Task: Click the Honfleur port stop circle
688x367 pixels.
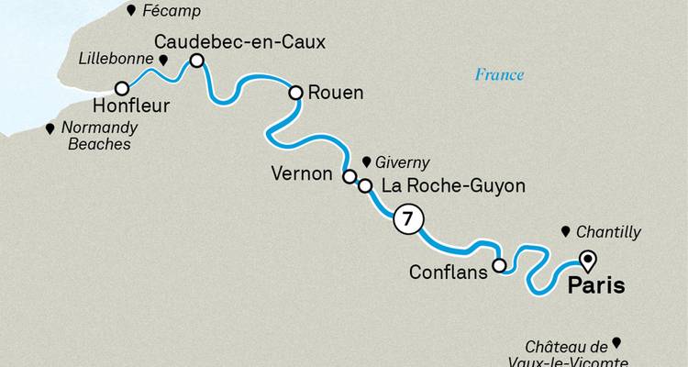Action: (x=121, y=88)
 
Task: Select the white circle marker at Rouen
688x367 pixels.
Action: (x=296, y=93)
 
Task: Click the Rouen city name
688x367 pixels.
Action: (x=337, y=93)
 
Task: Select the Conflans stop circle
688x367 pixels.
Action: (x=499, y=266)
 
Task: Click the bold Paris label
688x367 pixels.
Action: (x=597, y=285)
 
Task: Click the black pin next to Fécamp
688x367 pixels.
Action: (x=133, y=11)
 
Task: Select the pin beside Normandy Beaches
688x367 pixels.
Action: (x=50, y=129)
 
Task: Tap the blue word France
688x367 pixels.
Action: (x=499, y=75)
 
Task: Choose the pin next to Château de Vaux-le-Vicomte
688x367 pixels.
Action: (x=616, y=343)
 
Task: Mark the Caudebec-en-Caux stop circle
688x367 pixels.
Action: (x=196, y=61)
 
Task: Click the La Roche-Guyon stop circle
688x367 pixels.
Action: (x=365, y=186)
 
